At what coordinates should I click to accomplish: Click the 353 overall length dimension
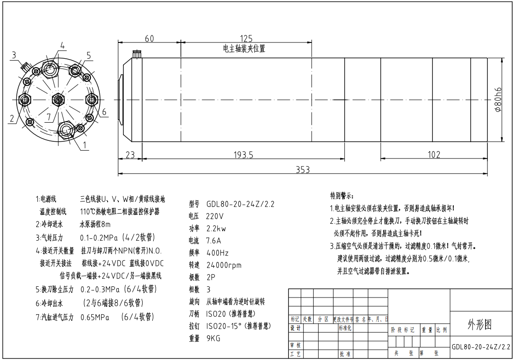point(303,169)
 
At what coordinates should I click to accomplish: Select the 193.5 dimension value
point(243,155)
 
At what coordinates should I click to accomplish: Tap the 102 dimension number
point(434,154)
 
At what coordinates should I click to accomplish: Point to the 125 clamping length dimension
point(246,38)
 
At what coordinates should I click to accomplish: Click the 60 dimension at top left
point(149,38)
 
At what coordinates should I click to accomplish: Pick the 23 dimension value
point(130,155)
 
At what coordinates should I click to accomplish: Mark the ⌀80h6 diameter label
point(498,100)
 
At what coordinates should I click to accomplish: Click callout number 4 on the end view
point(62,46)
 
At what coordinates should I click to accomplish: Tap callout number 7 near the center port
point(49,117)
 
